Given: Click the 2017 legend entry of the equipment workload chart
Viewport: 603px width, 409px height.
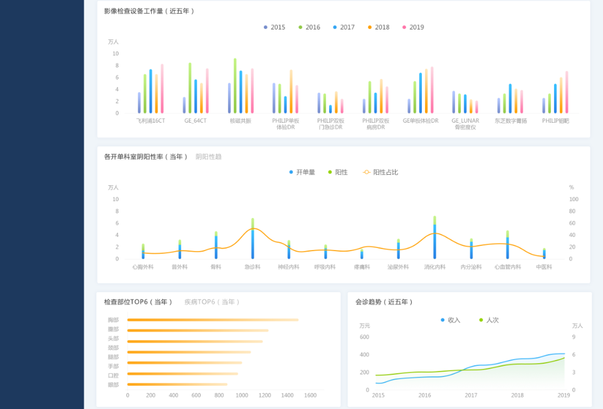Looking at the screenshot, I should click(343, 28).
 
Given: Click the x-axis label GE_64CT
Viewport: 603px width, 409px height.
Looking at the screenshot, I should click(196, 120).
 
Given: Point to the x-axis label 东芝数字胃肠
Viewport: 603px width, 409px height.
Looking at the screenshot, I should click(510, 120).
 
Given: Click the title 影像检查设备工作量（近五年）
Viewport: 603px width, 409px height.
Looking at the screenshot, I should click(149, 11).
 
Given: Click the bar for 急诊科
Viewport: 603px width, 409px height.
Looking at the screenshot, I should click(253, 239).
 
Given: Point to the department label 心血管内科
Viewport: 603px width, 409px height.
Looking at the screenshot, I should click(507, 267).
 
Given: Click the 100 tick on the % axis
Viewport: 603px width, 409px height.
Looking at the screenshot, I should click(574, 199).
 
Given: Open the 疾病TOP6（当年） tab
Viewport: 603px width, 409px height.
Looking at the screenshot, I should click(212, 302).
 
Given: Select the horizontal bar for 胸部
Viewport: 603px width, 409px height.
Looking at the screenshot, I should click(212, 320).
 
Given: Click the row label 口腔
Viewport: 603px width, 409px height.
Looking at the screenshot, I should click(113, 375).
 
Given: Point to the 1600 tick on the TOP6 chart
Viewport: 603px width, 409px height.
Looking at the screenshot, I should click(310, 395).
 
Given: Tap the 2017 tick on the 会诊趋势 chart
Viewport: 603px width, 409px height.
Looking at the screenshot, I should click(471, 395).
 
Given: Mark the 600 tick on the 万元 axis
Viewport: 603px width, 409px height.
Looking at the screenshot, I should click(364, 337).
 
